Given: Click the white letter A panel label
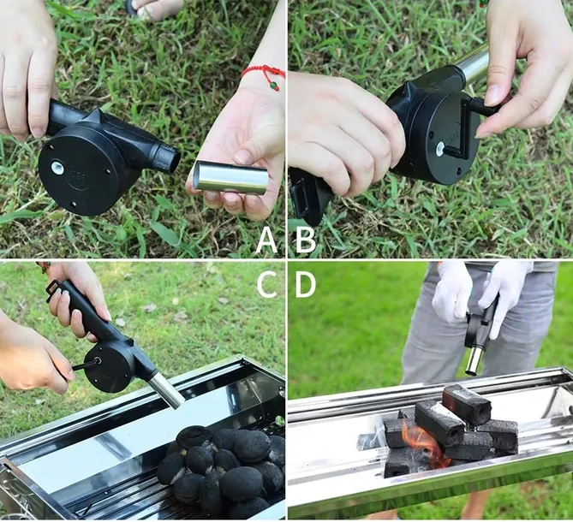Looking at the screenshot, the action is point(266,240).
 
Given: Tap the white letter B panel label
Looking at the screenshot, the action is point(305,240).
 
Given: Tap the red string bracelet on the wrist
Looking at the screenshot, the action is point(265,74).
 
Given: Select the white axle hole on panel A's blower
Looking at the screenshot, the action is point(57,168).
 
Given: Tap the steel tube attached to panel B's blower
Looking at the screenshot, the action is point(475,66).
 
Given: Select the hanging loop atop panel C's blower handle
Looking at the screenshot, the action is point(55,291).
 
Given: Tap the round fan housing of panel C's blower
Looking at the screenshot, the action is point(109,369).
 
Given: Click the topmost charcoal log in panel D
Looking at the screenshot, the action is point(466,404).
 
